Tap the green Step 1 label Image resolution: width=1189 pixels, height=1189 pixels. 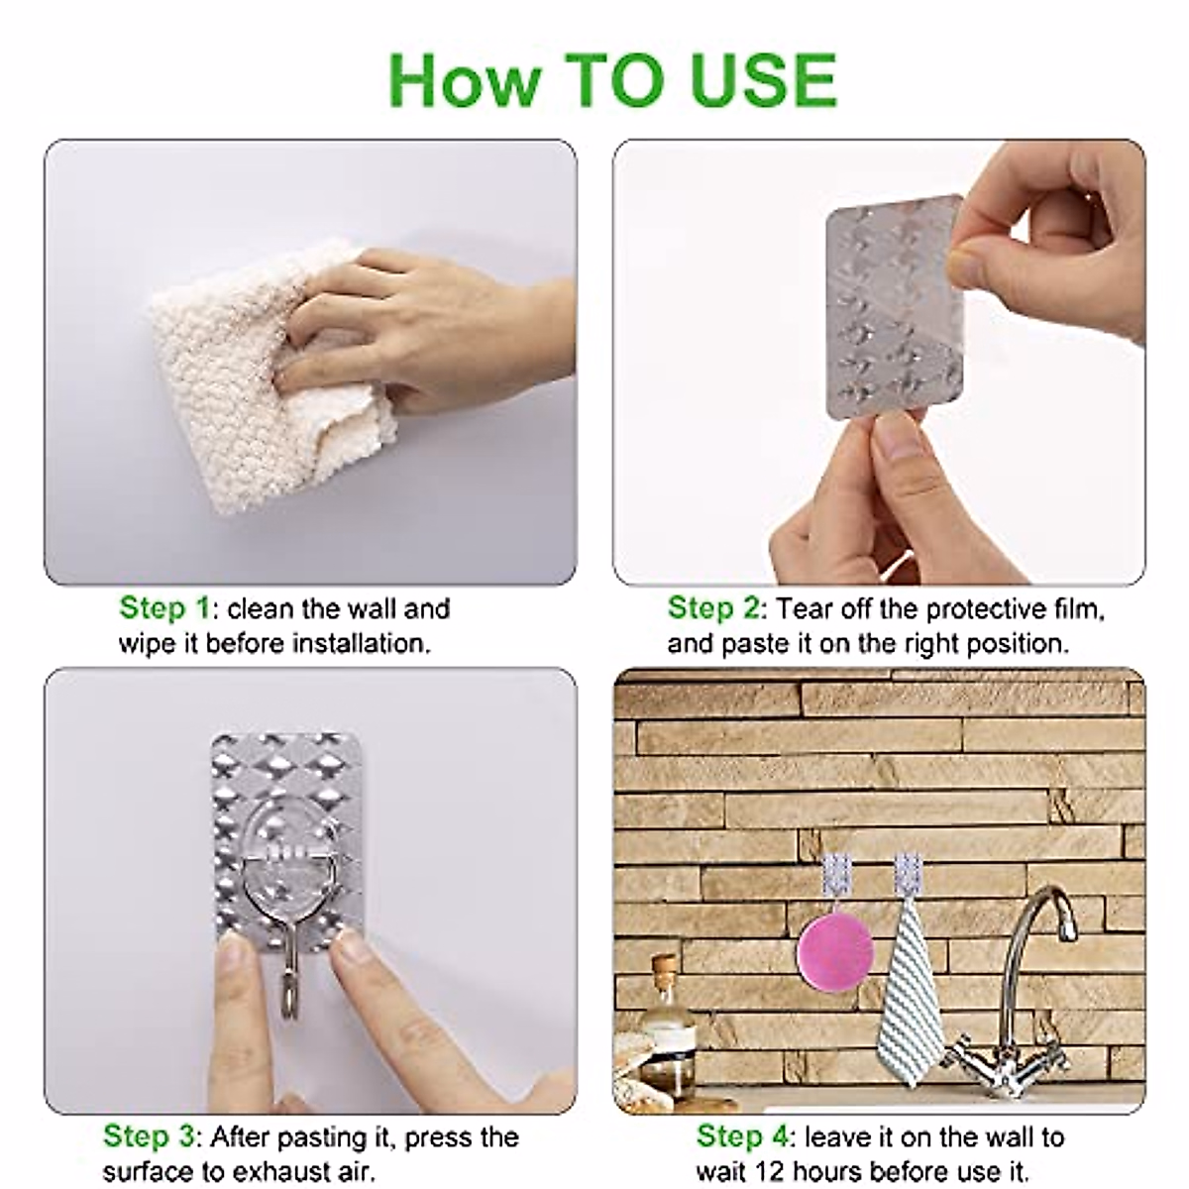point(164,607)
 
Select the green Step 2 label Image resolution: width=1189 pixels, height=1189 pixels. point(713,607)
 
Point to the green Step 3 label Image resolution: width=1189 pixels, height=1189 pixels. point(149,1135)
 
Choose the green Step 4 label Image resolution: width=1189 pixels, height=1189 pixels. point(742,1135)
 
